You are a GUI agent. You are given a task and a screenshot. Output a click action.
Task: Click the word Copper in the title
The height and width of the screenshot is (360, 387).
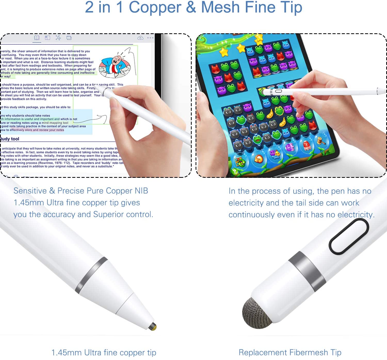click(x=155, y=7)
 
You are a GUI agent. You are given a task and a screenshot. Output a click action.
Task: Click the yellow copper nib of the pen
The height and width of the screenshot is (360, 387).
click(x=153, y=326)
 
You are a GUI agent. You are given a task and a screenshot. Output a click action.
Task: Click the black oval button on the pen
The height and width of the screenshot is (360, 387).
click(x=349, y=237)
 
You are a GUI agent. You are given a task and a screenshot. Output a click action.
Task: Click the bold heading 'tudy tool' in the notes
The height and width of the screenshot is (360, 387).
click(x=10, y=139)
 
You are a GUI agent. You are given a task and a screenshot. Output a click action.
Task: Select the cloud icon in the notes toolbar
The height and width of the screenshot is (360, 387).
click(x=140, y=38)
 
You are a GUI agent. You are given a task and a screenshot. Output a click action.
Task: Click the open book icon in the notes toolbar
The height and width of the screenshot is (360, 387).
click(x=37, y=38)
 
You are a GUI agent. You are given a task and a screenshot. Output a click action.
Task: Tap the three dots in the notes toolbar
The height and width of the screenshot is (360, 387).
click(x=150, y=38)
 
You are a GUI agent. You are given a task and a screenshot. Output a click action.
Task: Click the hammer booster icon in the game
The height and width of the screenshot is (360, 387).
click(x=321, y=141)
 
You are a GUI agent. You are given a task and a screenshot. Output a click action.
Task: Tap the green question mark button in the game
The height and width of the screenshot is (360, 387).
click(x=235, y=171)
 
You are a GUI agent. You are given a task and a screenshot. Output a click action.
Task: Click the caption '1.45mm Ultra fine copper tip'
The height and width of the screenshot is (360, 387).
click(x=104, y=353)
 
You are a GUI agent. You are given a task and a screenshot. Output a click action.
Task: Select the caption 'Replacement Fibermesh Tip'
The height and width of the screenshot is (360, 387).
click(x=290, y=353)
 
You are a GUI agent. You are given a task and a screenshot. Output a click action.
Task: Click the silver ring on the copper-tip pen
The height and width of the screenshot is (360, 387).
click(x=92, y=275)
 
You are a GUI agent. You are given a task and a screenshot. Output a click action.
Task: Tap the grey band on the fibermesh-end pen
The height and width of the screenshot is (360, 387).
click(x=307, y=271)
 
